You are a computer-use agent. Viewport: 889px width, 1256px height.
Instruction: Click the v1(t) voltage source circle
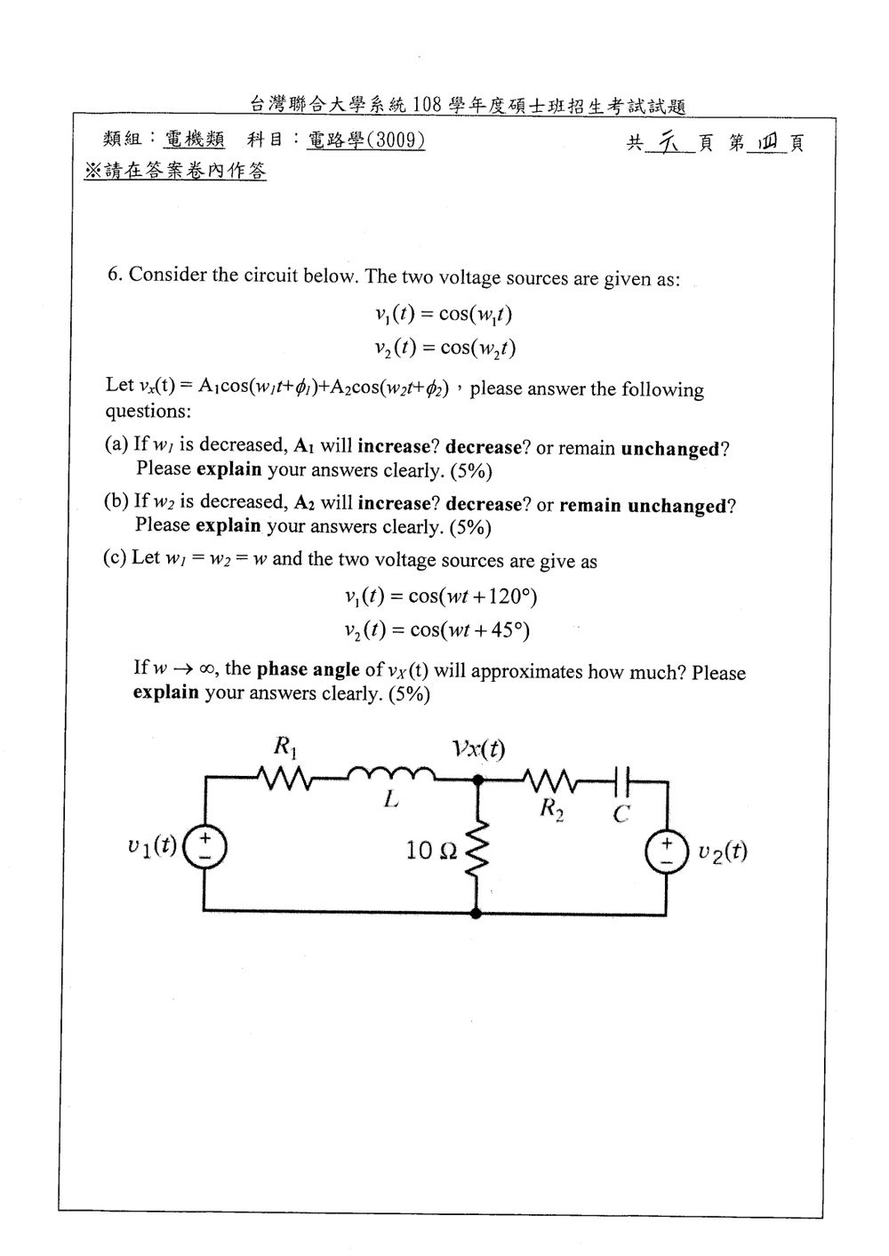click(205, 848)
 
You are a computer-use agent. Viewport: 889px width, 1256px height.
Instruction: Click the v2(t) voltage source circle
click(667, 852)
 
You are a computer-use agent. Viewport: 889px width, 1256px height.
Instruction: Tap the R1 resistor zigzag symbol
click(284, 779)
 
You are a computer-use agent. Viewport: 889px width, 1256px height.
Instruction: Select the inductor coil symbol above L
click(391, 774)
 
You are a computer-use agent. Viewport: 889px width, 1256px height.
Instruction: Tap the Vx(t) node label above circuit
click(479, 748)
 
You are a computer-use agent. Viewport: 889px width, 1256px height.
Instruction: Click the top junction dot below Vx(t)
click(478, 780)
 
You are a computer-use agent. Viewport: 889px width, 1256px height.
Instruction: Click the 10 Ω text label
click(431, 851)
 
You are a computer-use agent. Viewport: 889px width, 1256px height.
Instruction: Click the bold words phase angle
click(308, 669)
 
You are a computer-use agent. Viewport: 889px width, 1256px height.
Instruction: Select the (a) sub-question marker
click(116, 444)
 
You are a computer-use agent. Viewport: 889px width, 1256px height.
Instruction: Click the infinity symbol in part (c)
click(210, 669)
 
